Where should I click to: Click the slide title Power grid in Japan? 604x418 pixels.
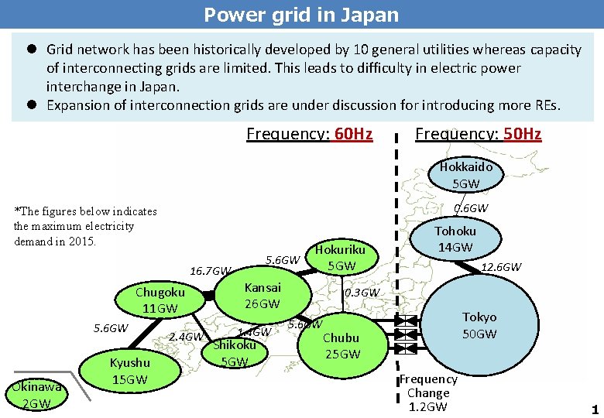pos(301,15)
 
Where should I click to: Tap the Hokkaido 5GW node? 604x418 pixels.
pos(465,175)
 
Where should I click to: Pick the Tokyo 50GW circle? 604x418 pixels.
pos(479,325)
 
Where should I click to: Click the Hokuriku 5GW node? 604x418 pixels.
pos(341,258)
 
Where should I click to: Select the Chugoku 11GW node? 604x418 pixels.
pos(160,300)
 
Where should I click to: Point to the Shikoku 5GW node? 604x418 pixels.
pos(234,353)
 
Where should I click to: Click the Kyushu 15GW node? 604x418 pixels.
pos(130,371)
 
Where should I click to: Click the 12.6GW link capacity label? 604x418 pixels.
pos(501,268)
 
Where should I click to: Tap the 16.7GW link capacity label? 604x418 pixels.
pos(210,271)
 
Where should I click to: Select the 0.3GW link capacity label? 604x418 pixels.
pos(362,293)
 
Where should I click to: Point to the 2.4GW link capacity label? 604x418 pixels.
pos(185,337)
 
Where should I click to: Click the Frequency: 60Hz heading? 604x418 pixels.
pos(309,135)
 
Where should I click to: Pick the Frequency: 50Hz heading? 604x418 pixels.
pos(478,135)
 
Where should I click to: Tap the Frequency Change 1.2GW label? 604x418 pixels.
pos(427,393)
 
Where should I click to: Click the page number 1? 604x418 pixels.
pos(595,409)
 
